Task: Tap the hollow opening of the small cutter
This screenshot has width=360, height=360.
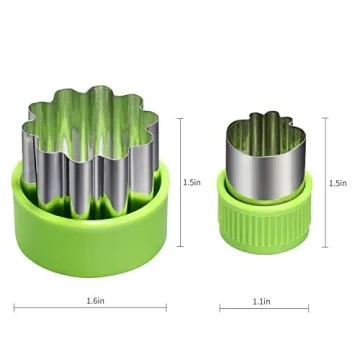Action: [262, 131]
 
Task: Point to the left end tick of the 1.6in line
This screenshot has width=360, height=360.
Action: [14, 307]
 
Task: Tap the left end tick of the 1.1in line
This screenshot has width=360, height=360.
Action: [221, 307]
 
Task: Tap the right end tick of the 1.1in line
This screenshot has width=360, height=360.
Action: [307, 307]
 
